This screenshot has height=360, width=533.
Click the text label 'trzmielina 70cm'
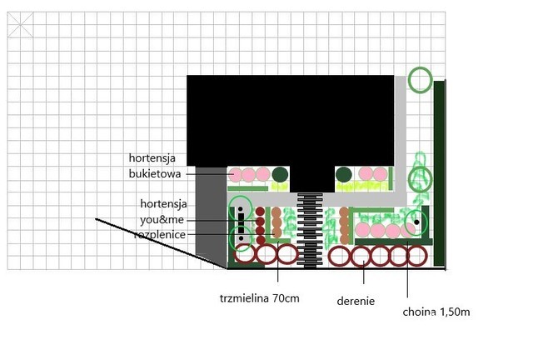pos(259,298)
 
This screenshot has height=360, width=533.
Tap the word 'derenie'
pos(356,301)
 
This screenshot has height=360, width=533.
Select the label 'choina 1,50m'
pos(436,312)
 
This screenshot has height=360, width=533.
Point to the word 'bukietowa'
pos(155,174)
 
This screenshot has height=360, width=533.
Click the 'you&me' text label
pos(162,220)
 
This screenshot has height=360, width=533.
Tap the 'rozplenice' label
pos(160,234)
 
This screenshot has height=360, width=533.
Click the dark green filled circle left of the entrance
pos(280,174)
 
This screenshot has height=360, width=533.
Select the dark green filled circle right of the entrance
pos(344,174)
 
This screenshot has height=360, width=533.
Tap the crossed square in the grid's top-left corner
pos(20,25)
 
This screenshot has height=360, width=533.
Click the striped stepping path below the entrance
pos(310,231)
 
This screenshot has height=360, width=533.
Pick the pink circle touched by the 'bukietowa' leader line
pos(235,175)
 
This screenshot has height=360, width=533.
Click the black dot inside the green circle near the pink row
pos(416,222)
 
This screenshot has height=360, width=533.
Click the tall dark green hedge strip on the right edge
pos(440,173)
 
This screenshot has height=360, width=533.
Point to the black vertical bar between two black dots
pos(241,223)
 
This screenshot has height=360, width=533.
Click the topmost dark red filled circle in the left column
pos(260,212)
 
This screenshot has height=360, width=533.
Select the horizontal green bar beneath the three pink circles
pos(248,188)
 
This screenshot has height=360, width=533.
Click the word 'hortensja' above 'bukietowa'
pos(152,157)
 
